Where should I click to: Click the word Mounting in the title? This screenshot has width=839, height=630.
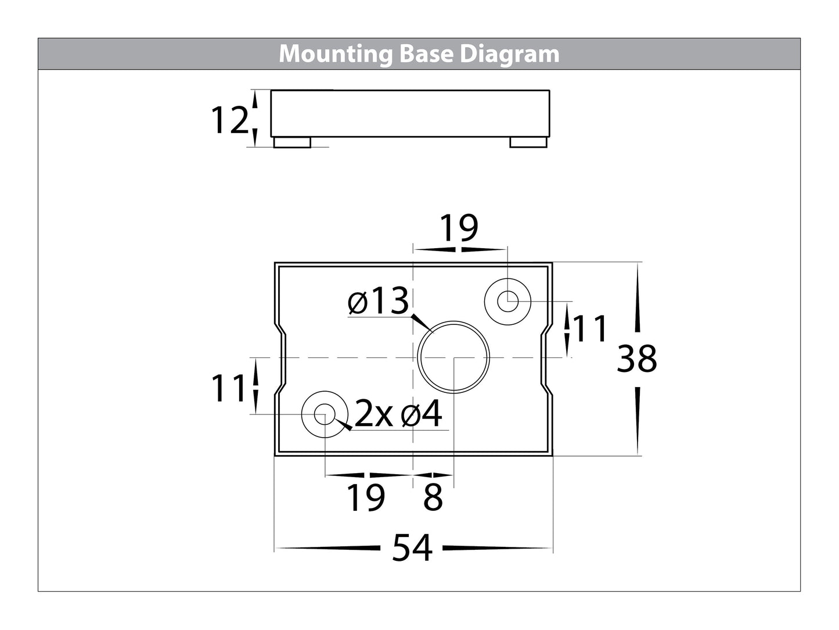[x=336, y=54]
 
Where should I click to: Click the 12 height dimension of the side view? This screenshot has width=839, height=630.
[x=229, y=121]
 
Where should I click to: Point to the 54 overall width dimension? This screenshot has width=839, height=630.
[x=412, y=547]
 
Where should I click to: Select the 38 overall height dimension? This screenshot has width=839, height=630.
[x=637, y=359]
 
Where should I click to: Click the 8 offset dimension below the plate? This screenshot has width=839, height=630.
[x=433, y=497]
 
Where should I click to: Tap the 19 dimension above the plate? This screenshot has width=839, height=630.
[x=459, y=228]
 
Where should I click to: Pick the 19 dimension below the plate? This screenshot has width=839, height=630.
[x=366, y=497]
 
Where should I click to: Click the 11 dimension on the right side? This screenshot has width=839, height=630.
[x=590, y=329]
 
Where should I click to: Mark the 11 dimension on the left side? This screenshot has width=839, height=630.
[x=229, y=388]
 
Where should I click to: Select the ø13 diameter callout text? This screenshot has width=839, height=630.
[x=378, y=302]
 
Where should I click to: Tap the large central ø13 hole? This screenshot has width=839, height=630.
[x=454, y=356]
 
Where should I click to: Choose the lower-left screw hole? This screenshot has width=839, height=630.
[x=325, y=414]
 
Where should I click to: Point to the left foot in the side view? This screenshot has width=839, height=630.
[x=292, y=142]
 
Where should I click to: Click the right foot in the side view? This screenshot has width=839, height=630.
[x=528, y=142]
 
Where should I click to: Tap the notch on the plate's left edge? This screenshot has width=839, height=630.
[x=281, y=359]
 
